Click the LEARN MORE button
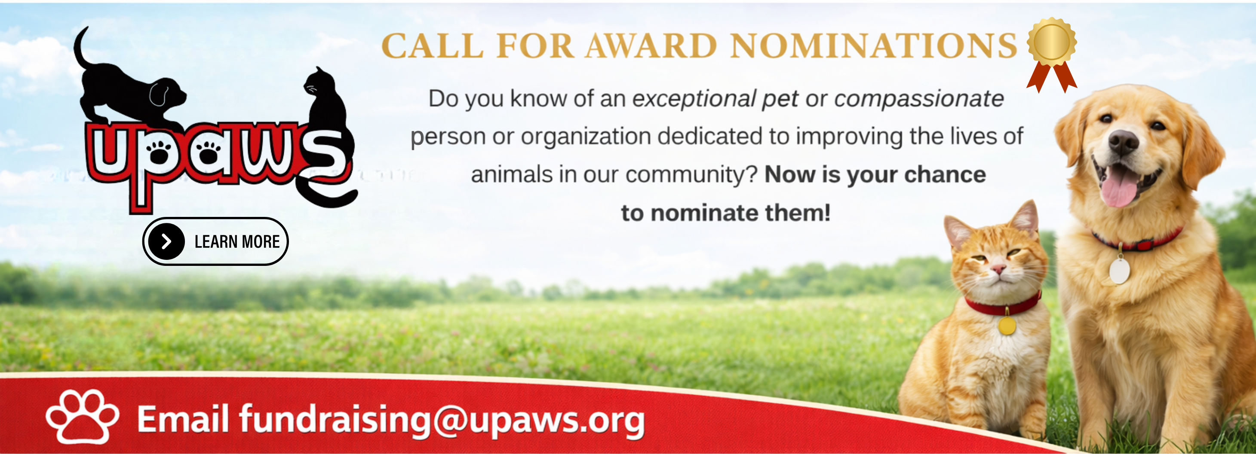[x=215, y=241]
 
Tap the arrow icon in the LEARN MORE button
[x=166, y=241]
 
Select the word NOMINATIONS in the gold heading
[x=874, y=46]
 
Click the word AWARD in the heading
[x=651, y=46]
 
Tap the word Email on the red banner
[x=183, y=418]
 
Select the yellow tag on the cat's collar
[x=1007, y=326]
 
